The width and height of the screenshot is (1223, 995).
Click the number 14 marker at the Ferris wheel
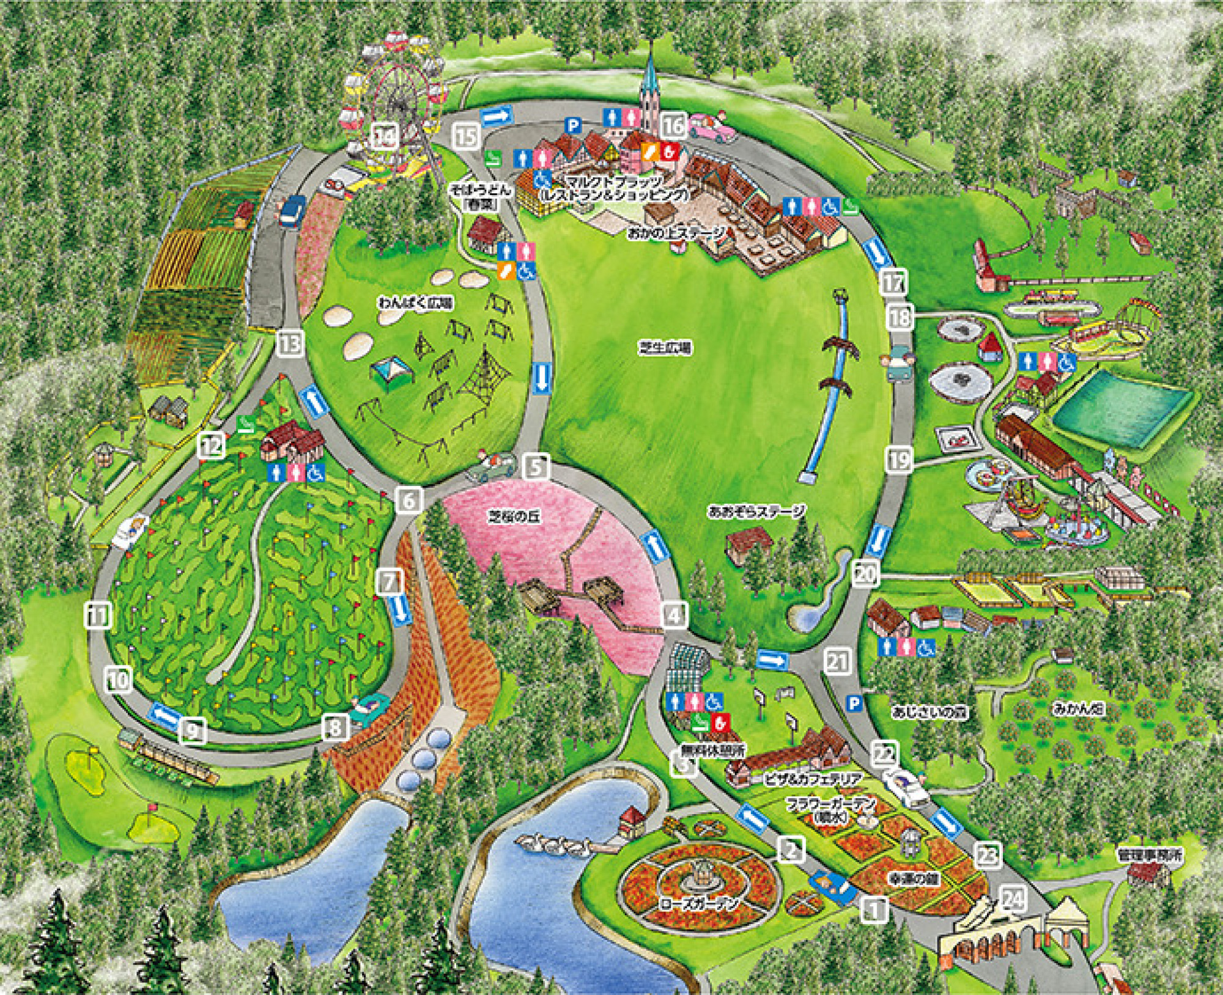385,136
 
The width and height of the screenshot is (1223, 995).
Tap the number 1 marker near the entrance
874,909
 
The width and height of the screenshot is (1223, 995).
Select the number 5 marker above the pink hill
536,468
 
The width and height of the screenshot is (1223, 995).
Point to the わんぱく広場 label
415,303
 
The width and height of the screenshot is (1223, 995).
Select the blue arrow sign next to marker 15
496,116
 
